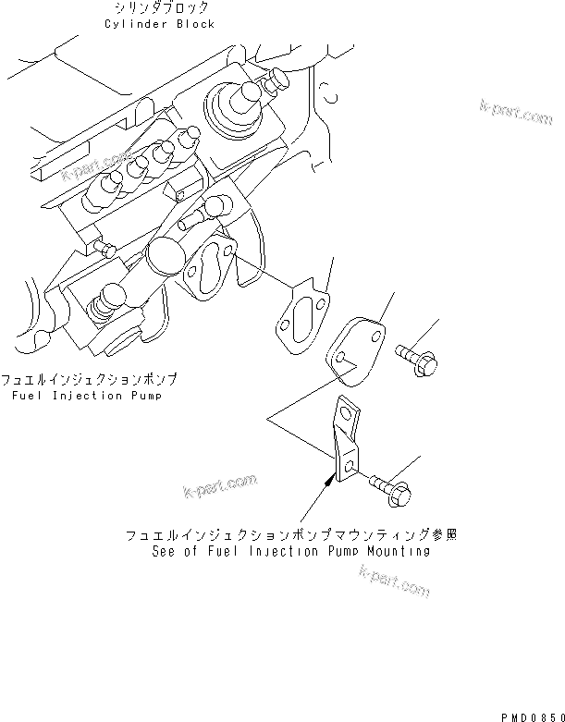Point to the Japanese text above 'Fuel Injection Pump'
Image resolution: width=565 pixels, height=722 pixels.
click(x=89, y=380)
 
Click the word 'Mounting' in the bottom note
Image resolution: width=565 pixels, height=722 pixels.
click(x=399, y=551)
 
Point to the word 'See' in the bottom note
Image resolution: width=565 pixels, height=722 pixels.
click(x=164, y=551)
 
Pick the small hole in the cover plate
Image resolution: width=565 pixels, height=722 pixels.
click(x=342, y=358)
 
